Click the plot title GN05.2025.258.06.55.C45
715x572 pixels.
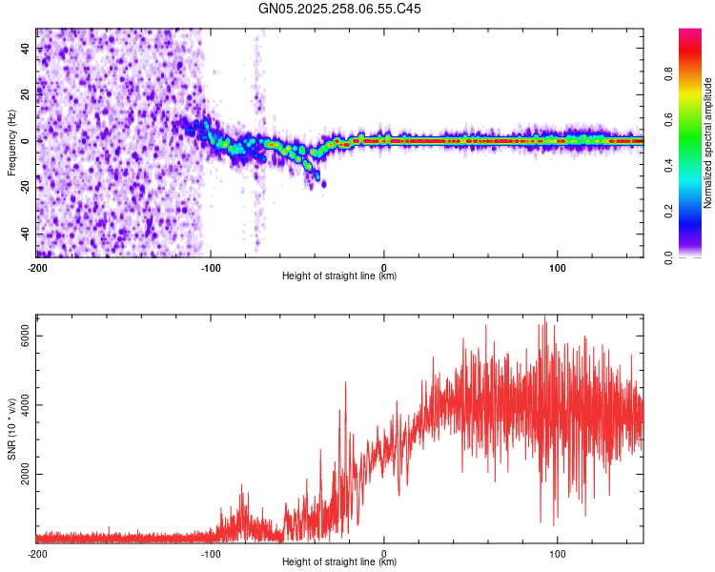click(340, 9)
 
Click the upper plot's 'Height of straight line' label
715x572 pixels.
click(339, 276)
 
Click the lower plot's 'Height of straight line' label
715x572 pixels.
click(339, 562)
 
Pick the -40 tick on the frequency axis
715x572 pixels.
click(26, 234)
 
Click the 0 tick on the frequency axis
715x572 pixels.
click(26, 141)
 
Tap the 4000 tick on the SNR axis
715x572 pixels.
click(26, 405)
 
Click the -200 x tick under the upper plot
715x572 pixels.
click(38, 266)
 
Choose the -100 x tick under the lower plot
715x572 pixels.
click(211, 552)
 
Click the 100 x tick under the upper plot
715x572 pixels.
click(558, 266)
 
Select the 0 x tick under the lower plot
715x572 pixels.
click(384, 552)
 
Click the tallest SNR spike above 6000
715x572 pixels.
click(544, 317)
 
